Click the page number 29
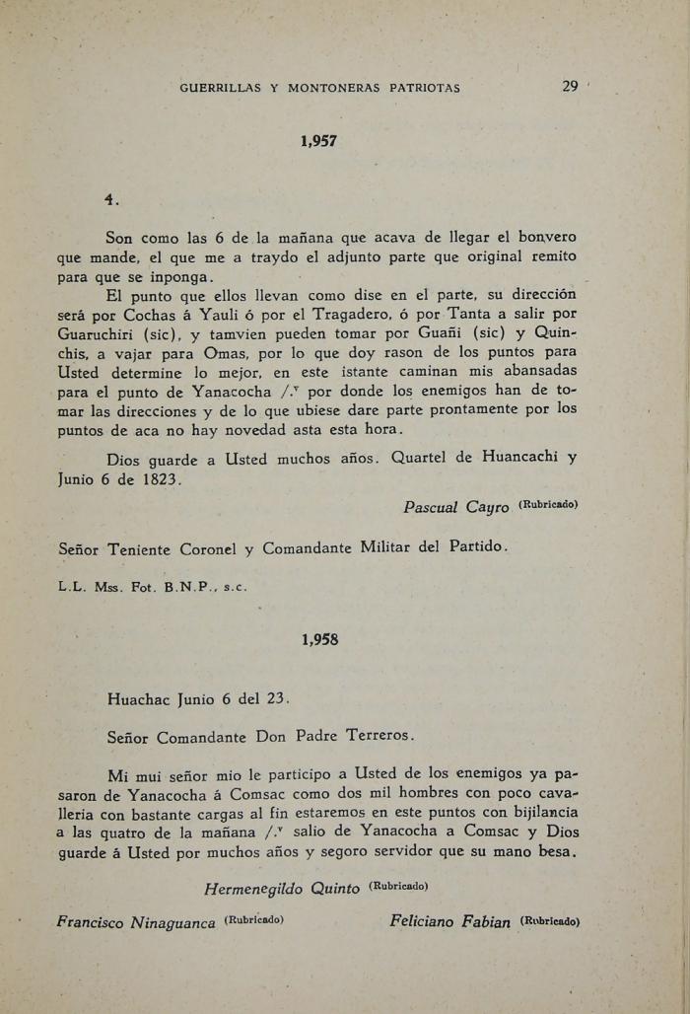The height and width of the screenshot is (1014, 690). tap(570, 87)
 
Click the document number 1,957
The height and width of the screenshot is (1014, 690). tap(318, 141)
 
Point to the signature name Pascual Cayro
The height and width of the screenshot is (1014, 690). tap(455, 507)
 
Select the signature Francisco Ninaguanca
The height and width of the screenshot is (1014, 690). tap(136, 922)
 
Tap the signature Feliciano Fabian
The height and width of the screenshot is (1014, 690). tap(449, 922)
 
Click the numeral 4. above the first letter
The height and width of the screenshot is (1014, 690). tap(111, 200)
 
